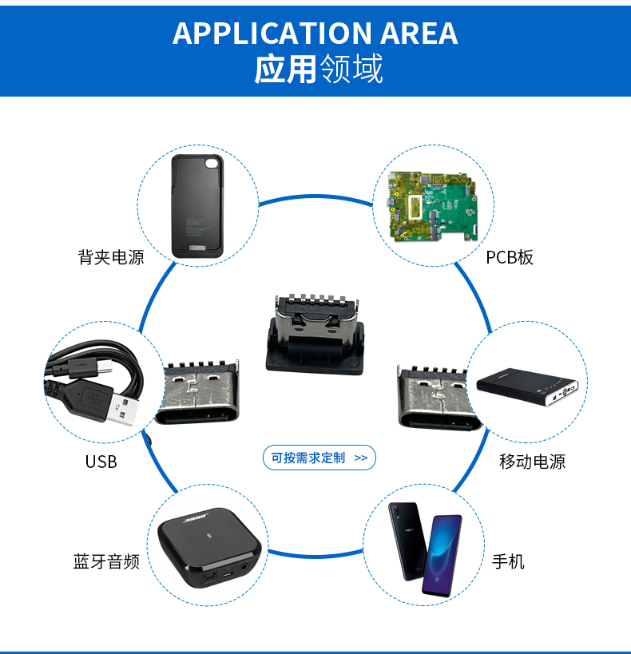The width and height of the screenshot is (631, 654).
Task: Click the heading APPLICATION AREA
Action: tap(315, 33)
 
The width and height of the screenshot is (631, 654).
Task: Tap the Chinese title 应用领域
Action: tap(318, 69)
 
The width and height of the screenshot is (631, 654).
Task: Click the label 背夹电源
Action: tap(111, 257)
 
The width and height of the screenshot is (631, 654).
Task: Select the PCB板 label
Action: tap(510, 257)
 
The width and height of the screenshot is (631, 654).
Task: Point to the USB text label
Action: tap(101, 462)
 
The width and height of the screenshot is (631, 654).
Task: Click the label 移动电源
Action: tap(532, 462)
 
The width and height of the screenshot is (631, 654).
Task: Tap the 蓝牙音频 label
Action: tap(106, 561)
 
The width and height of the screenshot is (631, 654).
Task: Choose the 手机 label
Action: tap(508, 561)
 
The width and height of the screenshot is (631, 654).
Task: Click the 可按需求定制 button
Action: tap(319, 458)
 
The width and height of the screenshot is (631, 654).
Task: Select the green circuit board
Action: tap(432, 206)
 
